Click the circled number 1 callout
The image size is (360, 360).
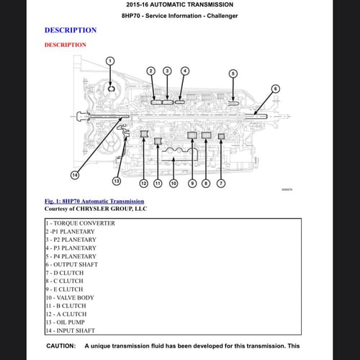coord(110,61)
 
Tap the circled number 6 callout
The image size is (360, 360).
coord(276,89)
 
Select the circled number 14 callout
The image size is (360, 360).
coord(75,175)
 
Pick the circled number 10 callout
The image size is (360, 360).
coord(174,184)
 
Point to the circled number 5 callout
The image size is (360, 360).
coord(233,73)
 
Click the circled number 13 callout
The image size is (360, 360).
coord(117,181)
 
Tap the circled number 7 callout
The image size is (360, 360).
coord(221,184)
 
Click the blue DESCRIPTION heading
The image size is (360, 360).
coord(71,30)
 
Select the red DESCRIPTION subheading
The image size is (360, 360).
coord(66,45)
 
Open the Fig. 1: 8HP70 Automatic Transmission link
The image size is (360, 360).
coord(94,201)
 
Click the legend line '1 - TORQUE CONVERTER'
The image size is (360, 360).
coord(81,223)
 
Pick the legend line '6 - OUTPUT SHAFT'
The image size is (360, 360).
coord(72,264)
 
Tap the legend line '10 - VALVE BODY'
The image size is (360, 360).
coord(70,297)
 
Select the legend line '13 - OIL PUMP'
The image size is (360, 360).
coord(66,323)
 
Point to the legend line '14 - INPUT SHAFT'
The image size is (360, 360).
coord(71,330)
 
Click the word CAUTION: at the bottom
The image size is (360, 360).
coord(61,346)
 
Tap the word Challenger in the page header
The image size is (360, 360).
coord(222,16)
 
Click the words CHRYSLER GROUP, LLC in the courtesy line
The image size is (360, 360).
coord(112,209)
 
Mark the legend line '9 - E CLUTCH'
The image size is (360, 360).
coord(64,289)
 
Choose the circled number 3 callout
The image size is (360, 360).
coord(167,71)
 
